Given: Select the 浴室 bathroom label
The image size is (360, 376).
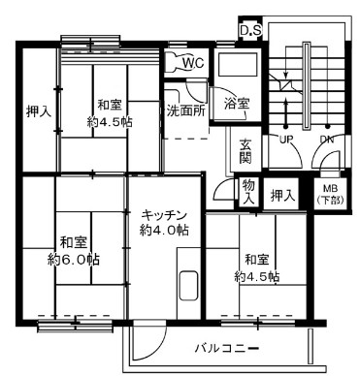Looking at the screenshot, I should (237, 102).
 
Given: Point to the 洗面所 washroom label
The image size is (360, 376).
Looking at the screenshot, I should (184, 110).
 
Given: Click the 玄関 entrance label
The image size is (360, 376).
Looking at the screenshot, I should (246, 152).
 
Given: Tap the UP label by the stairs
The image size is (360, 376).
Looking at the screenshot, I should (288, 140).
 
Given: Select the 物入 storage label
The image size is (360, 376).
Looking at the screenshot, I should (249, 191).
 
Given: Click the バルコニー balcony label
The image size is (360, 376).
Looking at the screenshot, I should (226, 346).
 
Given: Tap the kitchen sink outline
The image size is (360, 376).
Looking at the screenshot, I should (188, 289).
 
